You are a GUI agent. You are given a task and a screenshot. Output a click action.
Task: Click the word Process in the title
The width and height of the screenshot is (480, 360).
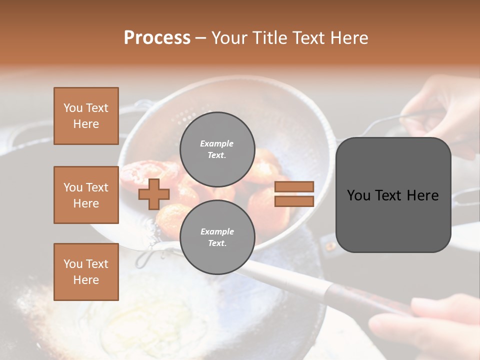tap(157, 37)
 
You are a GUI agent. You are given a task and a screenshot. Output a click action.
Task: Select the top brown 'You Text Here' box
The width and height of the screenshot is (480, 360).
tap(86, 116)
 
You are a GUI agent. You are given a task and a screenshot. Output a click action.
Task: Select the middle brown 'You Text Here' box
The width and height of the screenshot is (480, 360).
tap(86, 195)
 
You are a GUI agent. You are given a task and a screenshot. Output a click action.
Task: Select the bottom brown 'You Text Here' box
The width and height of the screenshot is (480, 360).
tap(86, 271)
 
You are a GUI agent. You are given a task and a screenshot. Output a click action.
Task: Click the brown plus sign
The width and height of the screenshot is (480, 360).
tap(154, 194)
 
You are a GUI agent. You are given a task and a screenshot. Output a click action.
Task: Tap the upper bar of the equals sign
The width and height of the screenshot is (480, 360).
tap(294, 186)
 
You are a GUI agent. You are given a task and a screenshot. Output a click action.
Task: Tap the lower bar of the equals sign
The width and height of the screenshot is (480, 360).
tap(294, 201)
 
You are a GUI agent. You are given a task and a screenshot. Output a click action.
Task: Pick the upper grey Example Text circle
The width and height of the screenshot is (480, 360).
tap(217, 149)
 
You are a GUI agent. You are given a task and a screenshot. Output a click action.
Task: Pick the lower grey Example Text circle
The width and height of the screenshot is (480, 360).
tap(217, 237)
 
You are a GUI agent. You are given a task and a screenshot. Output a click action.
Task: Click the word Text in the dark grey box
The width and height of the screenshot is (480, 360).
tap(392, 195)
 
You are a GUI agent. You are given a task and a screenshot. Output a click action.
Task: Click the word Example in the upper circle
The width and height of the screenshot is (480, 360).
tap(217, 143)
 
